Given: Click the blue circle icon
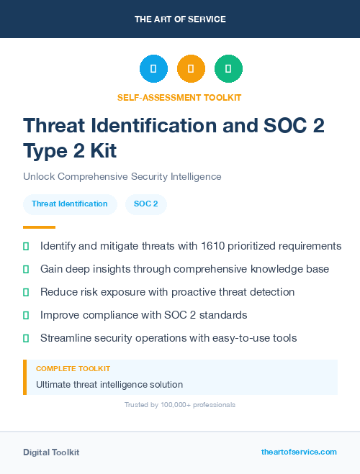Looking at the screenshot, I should coord(153,69).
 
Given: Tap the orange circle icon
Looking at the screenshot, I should coord(191,69).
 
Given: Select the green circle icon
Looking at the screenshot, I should coord(228,69).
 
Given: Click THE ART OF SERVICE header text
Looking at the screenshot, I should coord(180,19).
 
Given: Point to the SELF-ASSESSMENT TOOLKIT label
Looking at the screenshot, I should coord(180,97).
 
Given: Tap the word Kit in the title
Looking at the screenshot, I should coord(100,151).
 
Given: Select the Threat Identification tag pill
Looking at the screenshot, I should coord(70,204).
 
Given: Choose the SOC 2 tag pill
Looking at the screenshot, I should coord(146,204).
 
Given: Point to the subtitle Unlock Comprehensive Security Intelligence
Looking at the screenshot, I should coord(122,176).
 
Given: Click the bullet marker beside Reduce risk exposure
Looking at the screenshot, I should coord(26,293).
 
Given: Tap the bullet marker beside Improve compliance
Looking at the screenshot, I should coord(26,316).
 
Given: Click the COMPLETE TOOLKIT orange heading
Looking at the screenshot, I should coord(73,369).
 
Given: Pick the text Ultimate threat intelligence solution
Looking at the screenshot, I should coord(109,385).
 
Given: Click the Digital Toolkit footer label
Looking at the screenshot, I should coord(51,452).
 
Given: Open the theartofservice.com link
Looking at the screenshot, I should coord(299,452).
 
